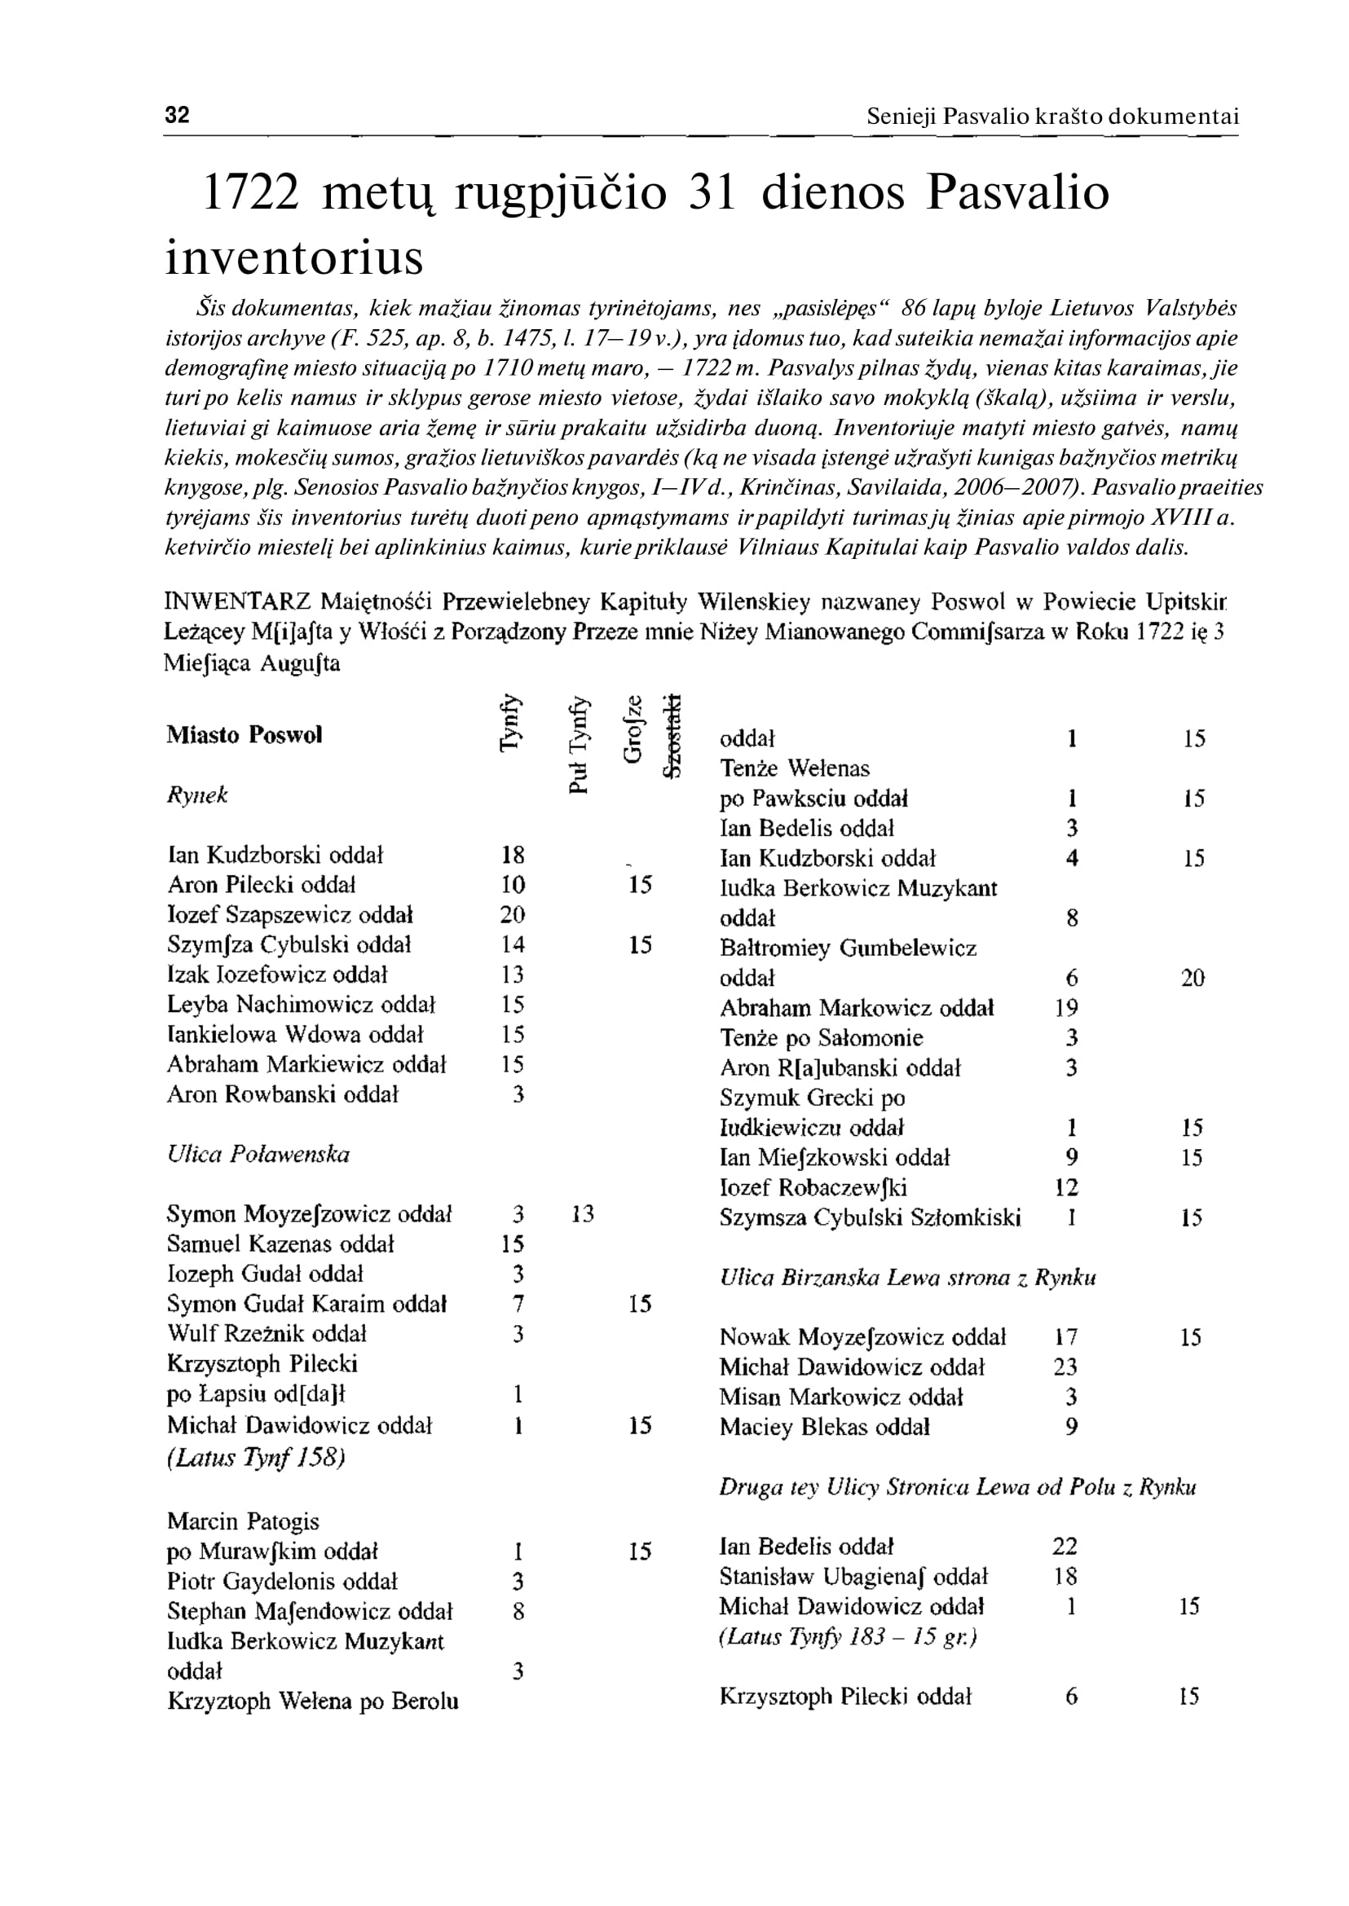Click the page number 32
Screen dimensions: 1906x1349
click(x=177, y=115)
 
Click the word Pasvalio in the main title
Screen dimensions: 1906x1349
click(x=1017, y=192)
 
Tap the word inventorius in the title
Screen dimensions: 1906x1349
click(x=294, y=258)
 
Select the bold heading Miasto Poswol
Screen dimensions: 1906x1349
click(x=245, y=735)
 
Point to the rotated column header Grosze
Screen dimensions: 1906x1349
click(x=633, y=729)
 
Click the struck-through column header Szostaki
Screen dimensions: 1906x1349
click(x=672, y=736)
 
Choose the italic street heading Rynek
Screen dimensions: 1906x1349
click(x=197, y=795)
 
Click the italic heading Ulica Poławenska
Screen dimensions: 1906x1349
click(x=258, y=1155)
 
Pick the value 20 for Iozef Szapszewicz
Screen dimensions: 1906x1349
click(x=513, y=914)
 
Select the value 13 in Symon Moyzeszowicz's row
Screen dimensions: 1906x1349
click(x=582, y=1214)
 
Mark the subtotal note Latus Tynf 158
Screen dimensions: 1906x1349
click(x=256, y=1458)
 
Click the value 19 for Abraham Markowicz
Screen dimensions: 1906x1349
click(x=1067, y=1008)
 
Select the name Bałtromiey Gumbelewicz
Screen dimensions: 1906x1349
click(x=848, y=949)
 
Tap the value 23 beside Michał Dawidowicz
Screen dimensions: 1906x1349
click(x=1065, y=1367)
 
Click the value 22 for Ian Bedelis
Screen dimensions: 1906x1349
click(x=1065, y=1547)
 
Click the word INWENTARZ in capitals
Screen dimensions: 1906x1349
click(x=237, y=601)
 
